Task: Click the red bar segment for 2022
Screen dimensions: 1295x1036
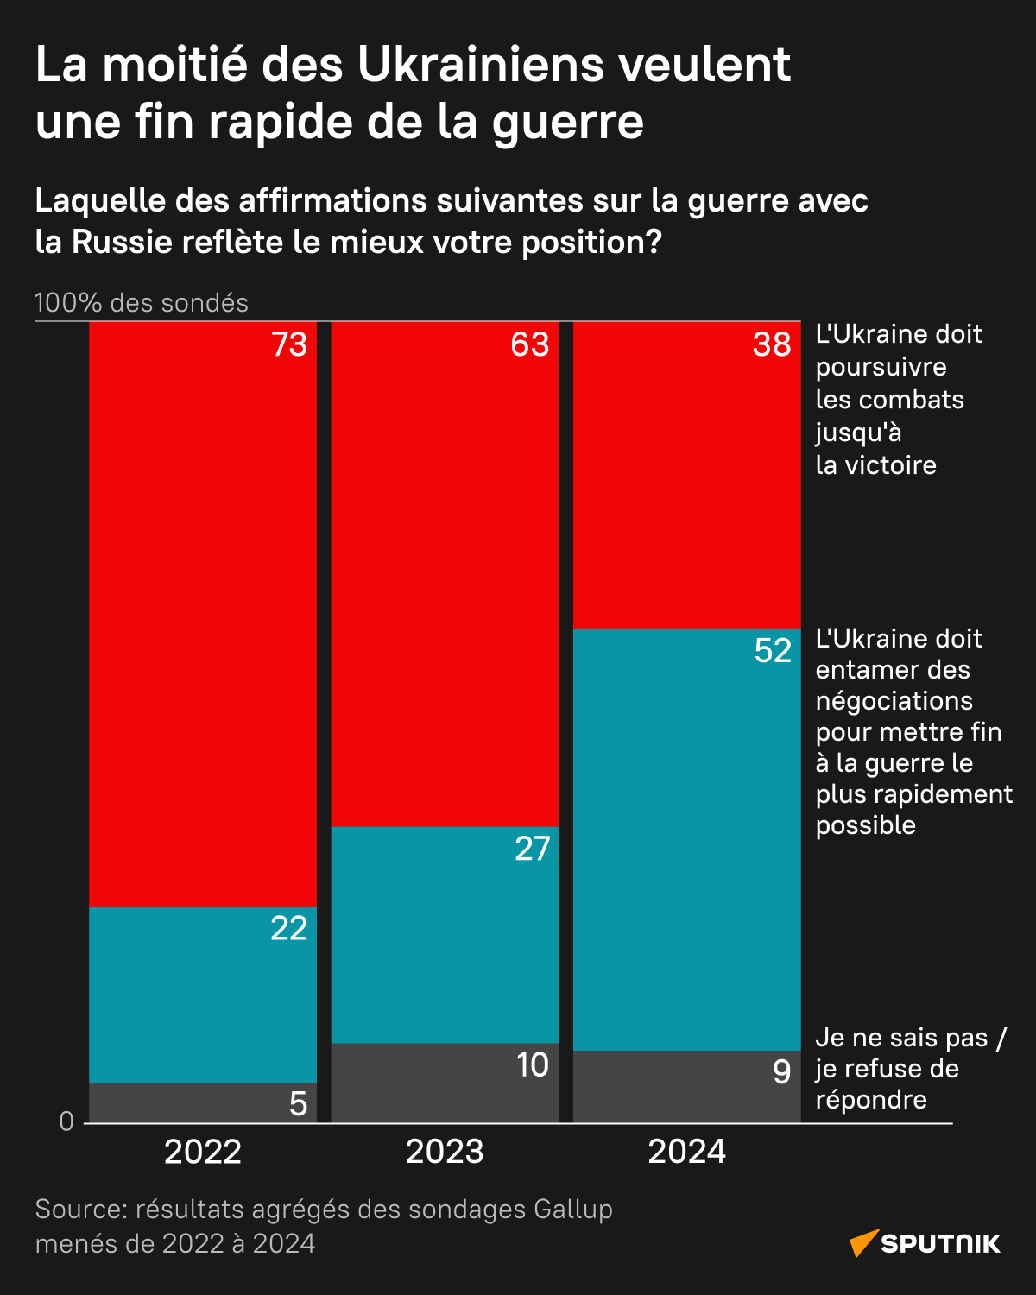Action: point(203,613)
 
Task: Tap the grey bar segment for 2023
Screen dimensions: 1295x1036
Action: point(445,1083)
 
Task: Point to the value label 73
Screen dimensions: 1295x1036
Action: point(289,344)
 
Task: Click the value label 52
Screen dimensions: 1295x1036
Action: point(773,650)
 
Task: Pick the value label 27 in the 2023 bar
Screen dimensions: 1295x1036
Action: point(532,849)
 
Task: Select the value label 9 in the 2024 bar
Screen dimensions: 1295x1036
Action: point(781,1071)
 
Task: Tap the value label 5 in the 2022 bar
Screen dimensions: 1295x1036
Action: point(298,1103)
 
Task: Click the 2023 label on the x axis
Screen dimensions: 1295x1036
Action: point(445,1152)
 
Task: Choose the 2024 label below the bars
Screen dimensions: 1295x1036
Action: point(686,1152)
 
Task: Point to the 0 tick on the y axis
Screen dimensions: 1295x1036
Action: point(66,1121)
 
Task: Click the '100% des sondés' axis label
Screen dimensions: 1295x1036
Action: point(142,303)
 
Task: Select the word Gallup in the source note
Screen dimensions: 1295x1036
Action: point(572,1210)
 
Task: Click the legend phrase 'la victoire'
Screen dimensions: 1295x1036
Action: point(875,465)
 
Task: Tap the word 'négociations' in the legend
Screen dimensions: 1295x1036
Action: point(894,700)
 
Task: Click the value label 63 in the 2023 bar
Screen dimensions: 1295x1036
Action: point(529,344)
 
